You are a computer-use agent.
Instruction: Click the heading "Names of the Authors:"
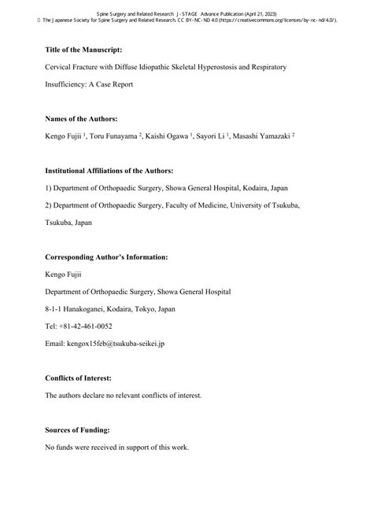point(82,118)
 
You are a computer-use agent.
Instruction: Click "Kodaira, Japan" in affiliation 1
point(274,188)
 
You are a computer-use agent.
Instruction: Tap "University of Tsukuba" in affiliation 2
point(263,205)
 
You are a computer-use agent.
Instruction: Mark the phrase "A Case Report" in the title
point(120,84)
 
